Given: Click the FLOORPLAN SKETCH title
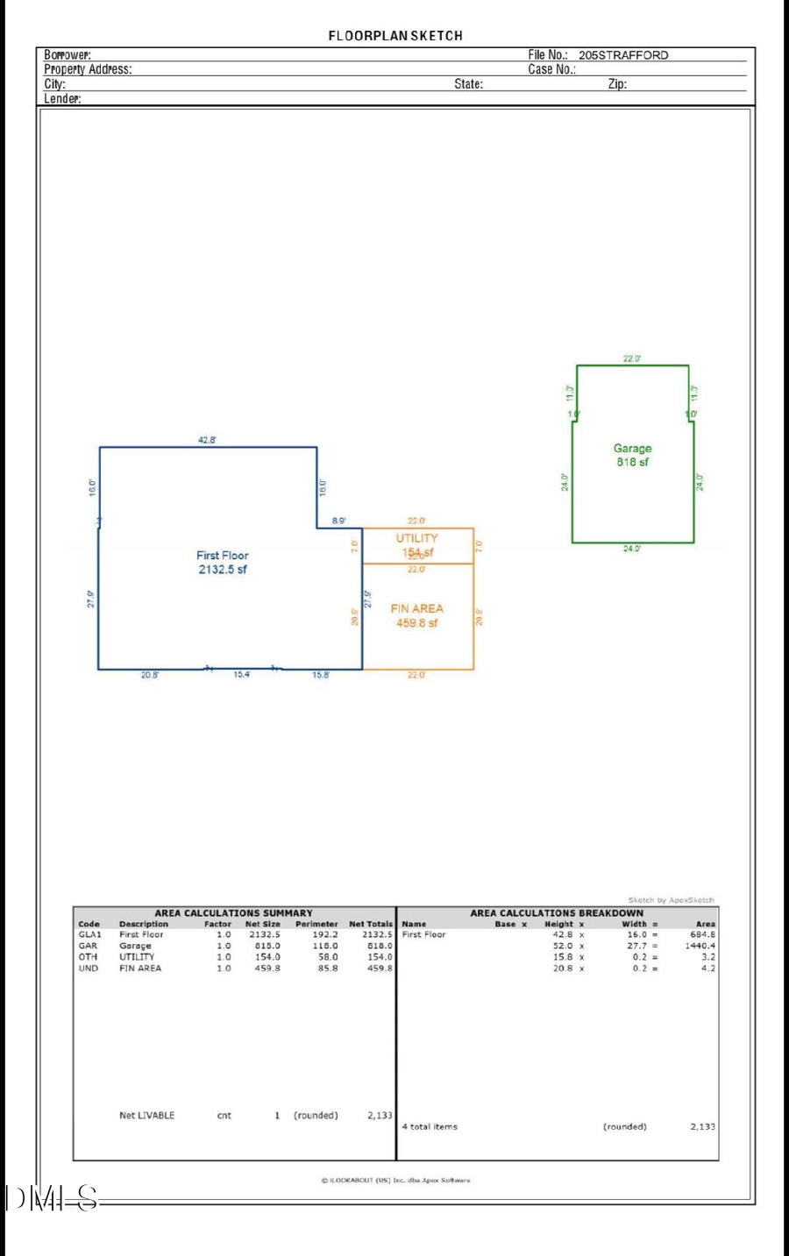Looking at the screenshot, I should (395, 36).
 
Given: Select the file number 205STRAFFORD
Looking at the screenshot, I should (622, 55).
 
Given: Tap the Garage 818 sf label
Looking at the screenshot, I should (632, 455).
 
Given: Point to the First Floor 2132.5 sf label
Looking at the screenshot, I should (223, 563).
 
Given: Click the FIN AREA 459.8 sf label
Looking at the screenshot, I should (417, 615).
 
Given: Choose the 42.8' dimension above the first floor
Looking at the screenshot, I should (207, 440).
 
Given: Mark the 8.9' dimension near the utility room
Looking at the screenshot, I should (338, 522).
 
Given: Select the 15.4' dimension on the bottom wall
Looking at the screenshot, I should (241, 675).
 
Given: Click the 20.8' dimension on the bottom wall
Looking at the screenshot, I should (150, 675).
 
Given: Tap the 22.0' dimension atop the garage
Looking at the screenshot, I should (632, 358).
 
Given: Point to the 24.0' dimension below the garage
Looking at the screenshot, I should (632, 549).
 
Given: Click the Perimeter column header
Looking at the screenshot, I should (316, 924).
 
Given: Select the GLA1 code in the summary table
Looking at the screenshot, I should (89, 935).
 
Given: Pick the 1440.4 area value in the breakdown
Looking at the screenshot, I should (700, 947).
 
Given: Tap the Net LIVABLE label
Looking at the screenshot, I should (146, 1116).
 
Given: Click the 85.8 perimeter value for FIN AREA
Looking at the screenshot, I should (328, 969).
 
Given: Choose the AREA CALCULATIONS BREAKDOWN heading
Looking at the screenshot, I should (557, 913).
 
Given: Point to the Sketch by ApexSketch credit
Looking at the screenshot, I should (671, 900).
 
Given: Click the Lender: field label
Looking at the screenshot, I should (62, 99).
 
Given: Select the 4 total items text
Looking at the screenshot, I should (430, 1127).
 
